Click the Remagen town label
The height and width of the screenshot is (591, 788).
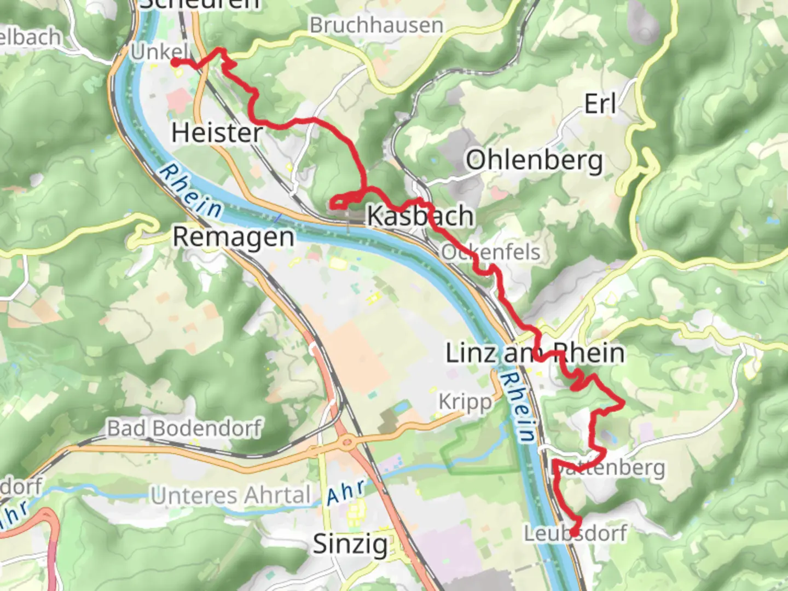(x=234, y=237)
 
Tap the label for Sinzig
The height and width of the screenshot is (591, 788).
(x=350, y=544)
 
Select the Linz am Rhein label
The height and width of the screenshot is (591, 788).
(x=535, y=353)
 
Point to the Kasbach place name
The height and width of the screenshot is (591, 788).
(x=420, y=216)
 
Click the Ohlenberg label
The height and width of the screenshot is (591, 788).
(x=535, y=161)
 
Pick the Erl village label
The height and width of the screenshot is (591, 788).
(x=600, y=104)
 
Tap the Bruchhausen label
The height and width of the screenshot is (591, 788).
(x=376, y=25)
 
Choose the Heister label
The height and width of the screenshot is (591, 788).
(x=217, y=133)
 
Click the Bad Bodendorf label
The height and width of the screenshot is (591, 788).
(x=184, y=428)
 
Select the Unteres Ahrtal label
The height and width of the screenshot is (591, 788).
(x=230, y=496)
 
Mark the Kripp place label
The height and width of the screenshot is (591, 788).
(x=465, y=402)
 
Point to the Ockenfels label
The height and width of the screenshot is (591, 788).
(x=491, y=252)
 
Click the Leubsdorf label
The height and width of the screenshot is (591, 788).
(x=576, y=533)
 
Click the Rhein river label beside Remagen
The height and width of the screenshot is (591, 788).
(x=191, y=191)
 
